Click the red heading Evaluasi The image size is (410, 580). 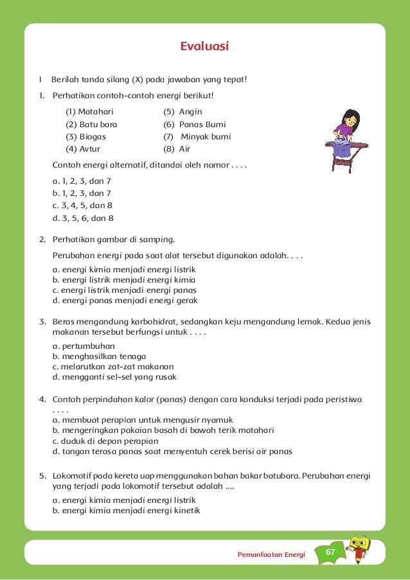point(205,46)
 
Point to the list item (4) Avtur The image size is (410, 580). point(83,149)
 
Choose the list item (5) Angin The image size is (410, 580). point(183,112)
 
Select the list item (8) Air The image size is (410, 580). point(177,149)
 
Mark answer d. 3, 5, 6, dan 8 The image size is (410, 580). point(83,218)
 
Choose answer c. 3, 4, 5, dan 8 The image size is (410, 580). point(83,206)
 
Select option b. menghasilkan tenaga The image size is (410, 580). point(99,356)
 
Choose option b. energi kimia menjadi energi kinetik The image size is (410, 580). point(126,511)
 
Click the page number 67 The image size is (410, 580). point(331,552)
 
